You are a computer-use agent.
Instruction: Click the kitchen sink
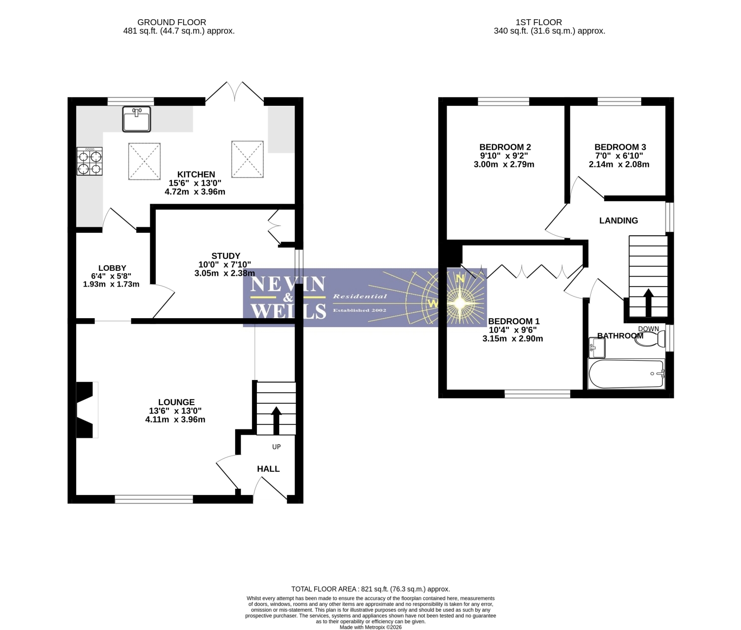click(136, 119)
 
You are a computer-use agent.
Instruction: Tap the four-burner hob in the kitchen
click(89, 162)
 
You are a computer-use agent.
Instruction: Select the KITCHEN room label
click(196, 174)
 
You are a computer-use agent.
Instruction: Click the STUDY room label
click(225, 256)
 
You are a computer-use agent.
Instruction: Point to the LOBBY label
click(112, 268)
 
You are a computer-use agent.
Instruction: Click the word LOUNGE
click(176, 402)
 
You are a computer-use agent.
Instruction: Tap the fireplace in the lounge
click(87, 410)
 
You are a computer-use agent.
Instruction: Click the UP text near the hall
click(277, 447)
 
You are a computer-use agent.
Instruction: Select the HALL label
click(268, 469)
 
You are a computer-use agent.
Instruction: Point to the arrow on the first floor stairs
click(648, 302)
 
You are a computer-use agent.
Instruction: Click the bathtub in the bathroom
click(626, 374)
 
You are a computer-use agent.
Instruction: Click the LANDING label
click(618, 220)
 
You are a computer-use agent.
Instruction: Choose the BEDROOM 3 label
click(620, 147)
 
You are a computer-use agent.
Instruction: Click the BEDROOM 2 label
click(505, 147)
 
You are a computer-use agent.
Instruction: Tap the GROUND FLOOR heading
click(172, 22)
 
